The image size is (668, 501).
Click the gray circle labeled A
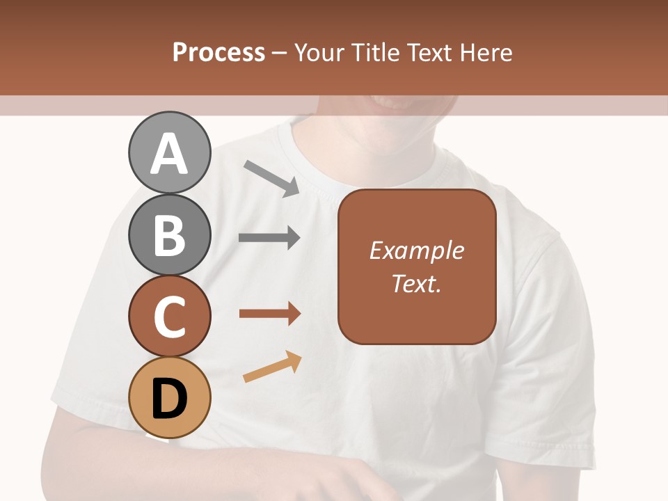pyautogui.click(x=169, y=152)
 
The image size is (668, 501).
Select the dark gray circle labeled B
pyautogui.click(x=169, y=234)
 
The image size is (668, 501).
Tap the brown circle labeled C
pyautogui.click(x=169, y=316)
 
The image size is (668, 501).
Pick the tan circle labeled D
pyautogui.click(x=169, y=397)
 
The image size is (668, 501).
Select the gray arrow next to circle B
pyautogui.click(x=269, y=238)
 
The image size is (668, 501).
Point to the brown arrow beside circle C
pyautogui.click(x=269, y=314)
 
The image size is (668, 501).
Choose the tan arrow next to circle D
pyautogui.click(x=272, y=367)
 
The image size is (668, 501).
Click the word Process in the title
pyautogui.click(x=218, y=53)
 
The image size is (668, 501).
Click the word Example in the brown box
pyautogui.click(x=416, y=250)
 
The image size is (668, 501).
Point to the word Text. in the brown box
pyautogui.click(x=416, y=283)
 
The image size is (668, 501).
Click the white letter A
pyautogui.click(x=169, y=154)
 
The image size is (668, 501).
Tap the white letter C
pyautogui.click(x=169, y=317)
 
